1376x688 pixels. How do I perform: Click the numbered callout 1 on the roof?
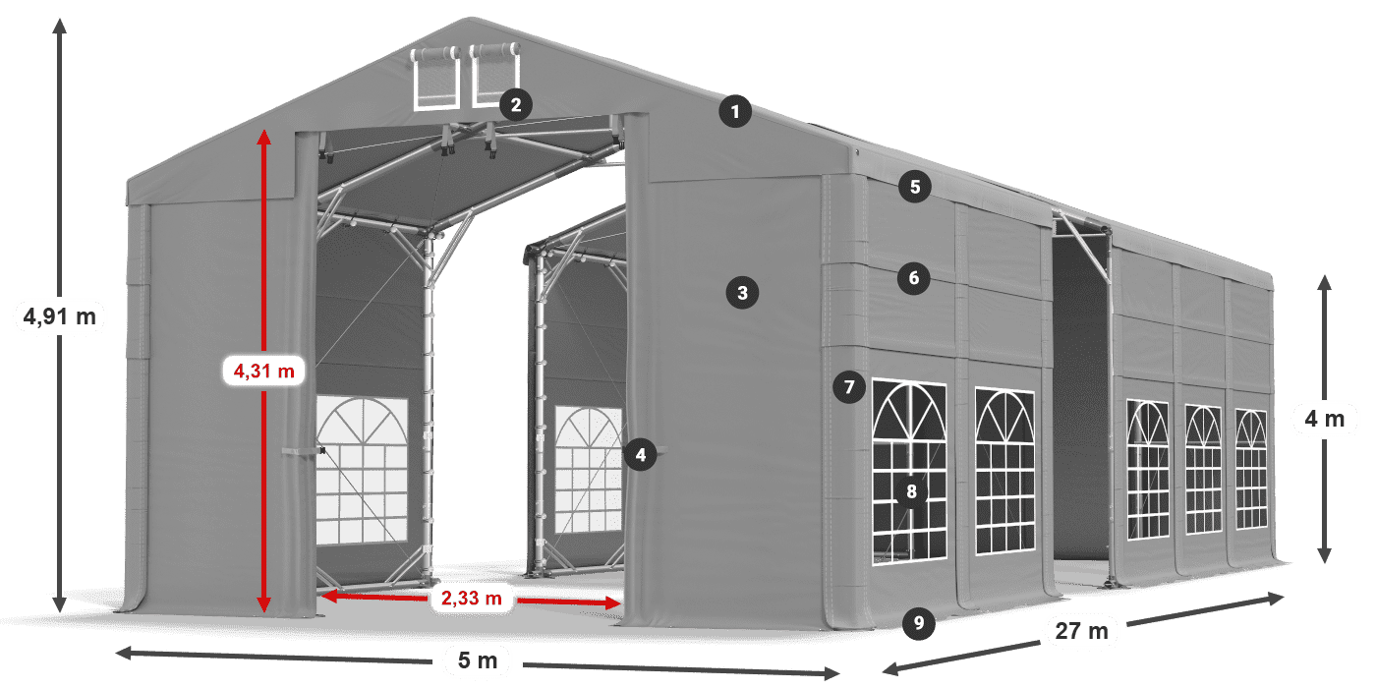click(x=734, y=112)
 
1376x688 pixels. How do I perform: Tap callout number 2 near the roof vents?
click(x=515, y=104)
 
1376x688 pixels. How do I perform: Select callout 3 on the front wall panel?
click(x=742, y=292)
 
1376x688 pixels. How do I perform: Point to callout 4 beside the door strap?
click(x=640, y=455)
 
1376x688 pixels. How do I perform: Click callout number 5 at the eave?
click(x=914, y=188)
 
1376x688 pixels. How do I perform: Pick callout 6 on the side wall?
click(x=913, y=278)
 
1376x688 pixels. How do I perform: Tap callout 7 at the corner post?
click(x=849, y=387)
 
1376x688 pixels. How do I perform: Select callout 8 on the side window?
click(x=911, y=492)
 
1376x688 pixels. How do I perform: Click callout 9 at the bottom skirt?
click(x=917, y=621)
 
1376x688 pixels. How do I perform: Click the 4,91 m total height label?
click(x=59, y=316)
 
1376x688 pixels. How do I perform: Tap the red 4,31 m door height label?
click(x=263, y=371)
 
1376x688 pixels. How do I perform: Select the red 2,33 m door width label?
click(x=471, y=597)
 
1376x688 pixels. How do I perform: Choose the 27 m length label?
click(x=1081, y=630)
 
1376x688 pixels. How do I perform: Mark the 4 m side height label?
click(x=1324, y=420)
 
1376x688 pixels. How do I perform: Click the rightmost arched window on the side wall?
click(x=1250, y=469)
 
